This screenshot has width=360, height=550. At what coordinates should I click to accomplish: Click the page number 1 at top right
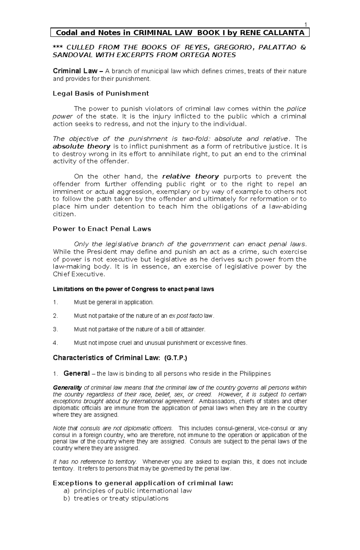(x=305, y=25)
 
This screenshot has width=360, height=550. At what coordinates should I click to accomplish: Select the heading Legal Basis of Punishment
(x=101, y=94)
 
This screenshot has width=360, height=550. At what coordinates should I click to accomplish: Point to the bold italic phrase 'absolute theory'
(x=82, y=147)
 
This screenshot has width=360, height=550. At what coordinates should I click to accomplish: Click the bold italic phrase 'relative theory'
(x=190, y=177)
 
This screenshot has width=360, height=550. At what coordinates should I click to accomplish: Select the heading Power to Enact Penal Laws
(x=102, y=229)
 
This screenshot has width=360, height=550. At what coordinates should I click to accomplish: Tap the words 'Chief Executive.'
(x=79, y=274)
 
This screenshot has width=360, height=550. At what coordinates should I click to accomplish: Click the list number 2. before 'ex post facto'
(x=55, y=316)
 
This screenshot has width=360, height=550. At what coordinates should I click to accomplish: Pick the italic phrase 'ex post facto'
(x=186, y=316)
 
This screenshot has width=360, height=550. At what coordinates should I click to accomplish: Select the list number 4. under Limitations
(x=55, y=343)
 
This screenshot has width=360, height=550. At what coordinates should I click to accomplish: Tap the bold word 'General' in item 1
(x=76, y=373)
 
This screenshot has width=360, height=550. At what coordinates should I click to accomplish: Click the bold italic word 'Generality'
(x=67, y=388)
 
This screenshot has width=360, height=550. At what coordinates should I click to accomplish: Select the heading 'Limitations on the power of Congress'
(x=133, y=290)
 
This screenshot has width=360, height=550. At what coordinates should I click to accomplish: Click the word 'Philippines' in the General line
(x=255, y=374)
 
